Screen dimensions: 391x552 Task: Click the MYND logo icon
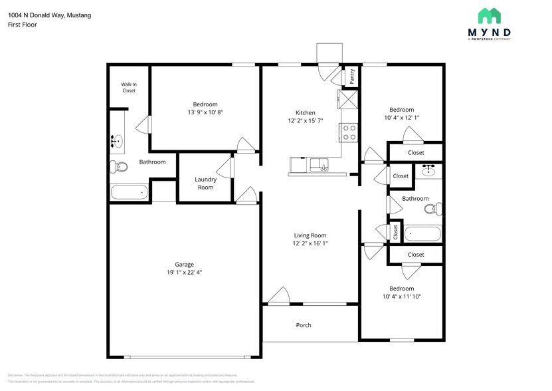coord(490,16)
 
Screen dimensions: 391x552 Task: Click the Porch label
coord(303,325)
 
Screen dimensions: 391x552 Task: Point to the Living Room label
coord(310,235)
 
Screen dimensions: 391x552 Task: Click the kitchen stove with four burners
coord(349,133)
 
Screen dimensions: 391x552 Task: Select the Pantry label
coord(352,76)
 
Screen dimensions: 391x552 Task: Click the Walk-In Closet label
coord(128,88)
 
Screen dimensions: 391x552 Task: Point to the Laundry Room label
coord(205,184)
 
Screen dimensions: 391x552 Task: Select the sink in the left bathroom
coord(118,141)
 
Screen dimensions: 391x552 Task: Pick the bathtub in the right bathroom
coord(422,234)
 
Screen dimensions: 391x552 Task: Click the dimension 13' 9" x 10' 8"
coord(205,112)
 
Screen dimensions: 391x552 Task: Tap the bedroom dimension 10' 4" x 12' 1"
coord(401,118)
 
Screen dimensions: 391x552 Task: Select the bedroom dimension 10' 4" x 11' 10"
coord(401,296)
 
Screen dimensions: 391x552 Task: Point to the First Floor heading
coord(23,25)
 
